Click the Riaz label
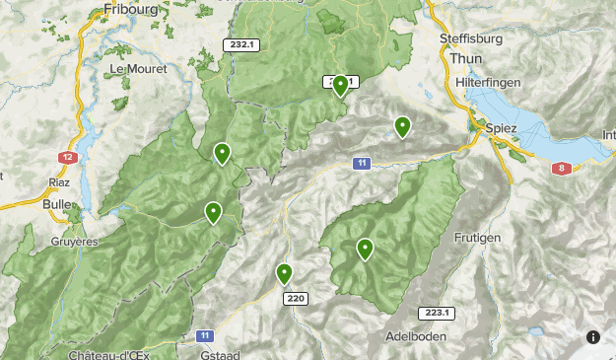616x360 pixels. coord(59,182)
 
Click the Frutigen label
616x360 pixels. coord(477,238)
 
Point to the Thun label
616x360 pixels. coord(465,58)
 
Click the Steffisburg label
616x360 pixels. coord(471,39)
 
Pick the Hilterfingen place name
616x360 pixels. coord(490,85)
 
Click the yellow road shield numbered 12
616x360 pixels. coord(67,157)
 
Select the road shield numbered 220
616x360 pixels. coord(293,298)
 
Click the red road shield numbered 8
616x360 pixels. coord(561,168)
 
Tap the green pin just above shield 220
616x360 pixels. coord(284,273)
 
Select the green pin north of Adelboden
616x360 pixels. coord(365,249)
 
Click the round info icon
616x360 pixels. coord(593,337)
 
